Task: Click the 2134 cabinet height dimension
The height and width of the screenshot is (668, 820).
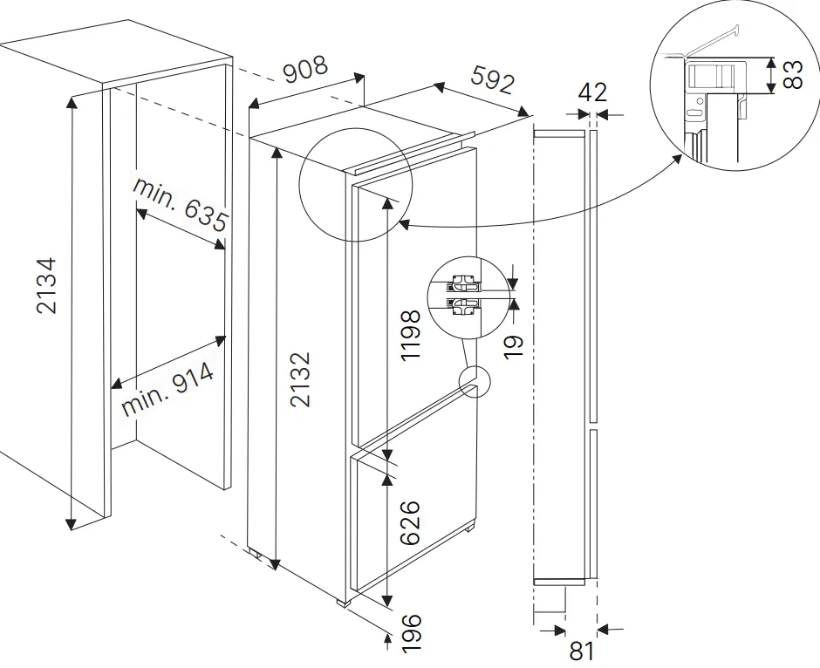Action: coord(46,285)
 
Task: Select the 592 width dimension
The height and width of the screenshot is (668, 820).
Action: coord(493,79)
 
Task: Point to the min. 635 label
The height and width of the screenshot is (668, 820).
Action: coord(181,204)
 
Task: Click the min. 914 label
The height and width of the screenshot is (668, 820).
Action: coord(167,389)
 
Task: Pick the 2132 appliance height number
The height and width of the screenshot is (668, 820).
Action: coord(301,379)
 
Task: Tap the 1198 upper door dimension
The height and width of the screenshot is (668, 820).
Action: coord(411,335)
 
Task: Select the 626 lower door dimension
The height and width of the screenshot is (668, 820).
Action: coord(411,522)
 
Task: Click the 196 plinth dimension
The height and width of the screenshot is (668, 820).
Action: coord(411,633)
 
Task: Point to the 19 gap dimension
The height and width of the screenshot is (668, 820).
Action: coord(514,346)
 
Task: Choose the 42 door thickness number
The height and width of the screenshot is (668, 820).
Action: coord(592,92)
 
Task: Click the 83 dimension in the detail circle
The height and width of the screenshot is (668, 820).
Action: coord(793,75)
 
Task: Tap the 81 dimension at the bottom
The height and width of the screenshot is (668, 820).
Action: coord(582,651)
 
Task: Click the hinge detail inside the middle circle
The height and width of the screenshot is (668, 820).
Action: coord(463,296)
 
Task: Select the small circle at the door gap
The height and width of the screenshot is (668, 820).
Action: coord(475,381)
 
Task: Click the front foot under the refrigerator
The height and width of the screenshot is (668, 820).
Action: coord(344,603)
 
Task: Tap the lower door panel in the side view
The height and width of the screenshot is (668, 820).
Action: coord(593,504)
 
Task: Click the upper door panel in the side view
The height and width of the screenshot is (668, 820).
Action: coord(593,276)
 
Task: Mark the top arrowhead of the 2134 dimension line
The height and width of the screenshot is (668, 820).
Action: coord(72,102)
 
